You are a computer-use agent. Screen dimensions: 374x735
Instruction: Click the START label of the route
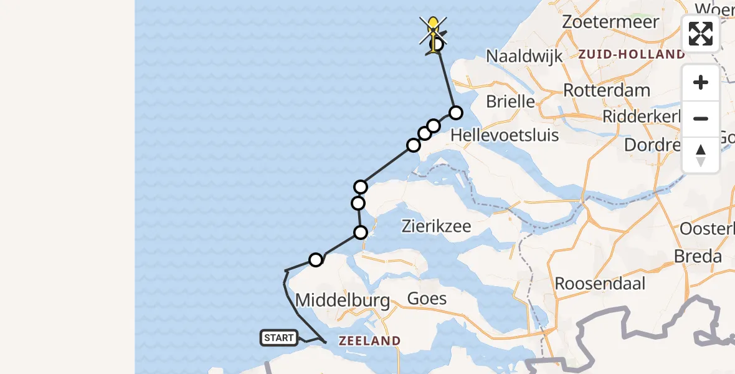(x=278, y=338)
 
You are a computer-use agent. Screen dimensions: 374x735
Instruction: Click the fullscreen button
(x=701, y=34)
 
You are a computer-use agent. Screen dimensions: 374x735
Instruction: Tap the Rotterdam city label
(x=607, y=90)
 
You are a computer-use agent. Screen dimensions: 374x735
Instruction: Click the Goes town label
(x=427, y=299)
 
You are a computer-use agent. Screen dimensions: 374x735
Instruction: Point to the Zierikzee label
(x=444, y=225)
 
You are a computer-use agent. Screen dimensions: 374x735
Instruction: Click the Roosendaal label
(x=600, y=283)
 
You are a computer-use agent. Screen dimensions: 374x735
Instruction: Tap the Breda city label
(x=698, y=256)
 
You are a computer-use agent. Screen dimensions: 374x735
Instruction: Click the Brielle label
(x=510, y=101)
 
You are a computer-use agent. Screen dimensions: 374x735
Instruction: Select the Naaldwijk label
(x=524, y=55)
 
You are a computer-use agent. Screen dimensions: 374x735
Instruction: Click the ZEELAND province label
(x=369, y=341)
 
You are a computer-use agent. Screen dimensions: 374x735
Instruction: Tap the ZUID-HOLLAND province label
(x=631, y=54)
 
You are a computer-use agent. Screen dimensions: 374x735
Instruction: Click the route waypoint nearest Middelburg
(x=316, y=260)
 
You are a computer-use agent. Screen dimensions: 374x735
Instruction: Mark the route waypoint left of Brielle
(x=456, y=113)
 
